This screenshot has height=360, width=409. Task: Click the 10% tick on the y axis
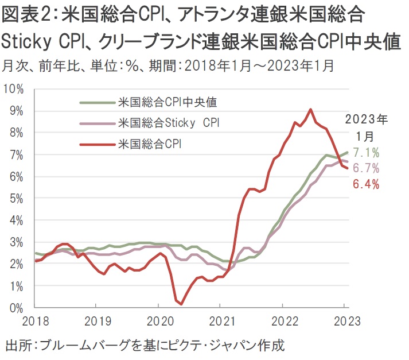(x=14, y=89)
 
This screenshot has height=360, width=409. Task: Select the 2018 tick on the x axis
(x=36, y=320)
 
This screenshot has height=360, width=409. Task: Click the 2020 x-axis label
(x=159, y=320)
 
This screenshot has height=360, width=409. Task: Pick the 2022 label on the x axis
(x=283, y=320)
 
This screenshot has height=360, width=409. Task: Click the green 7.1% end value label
(x=367, y=153)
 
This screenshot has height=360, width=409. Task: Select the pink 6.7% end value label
(x=367, y=168)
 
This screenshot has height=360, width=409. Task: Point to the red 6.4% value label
(x=367, y=184)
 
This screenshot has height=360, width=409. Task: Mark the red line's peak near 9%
(x=310, y=109)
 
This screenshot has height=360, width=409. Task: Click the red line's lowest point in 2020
(x=181, y=304)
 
